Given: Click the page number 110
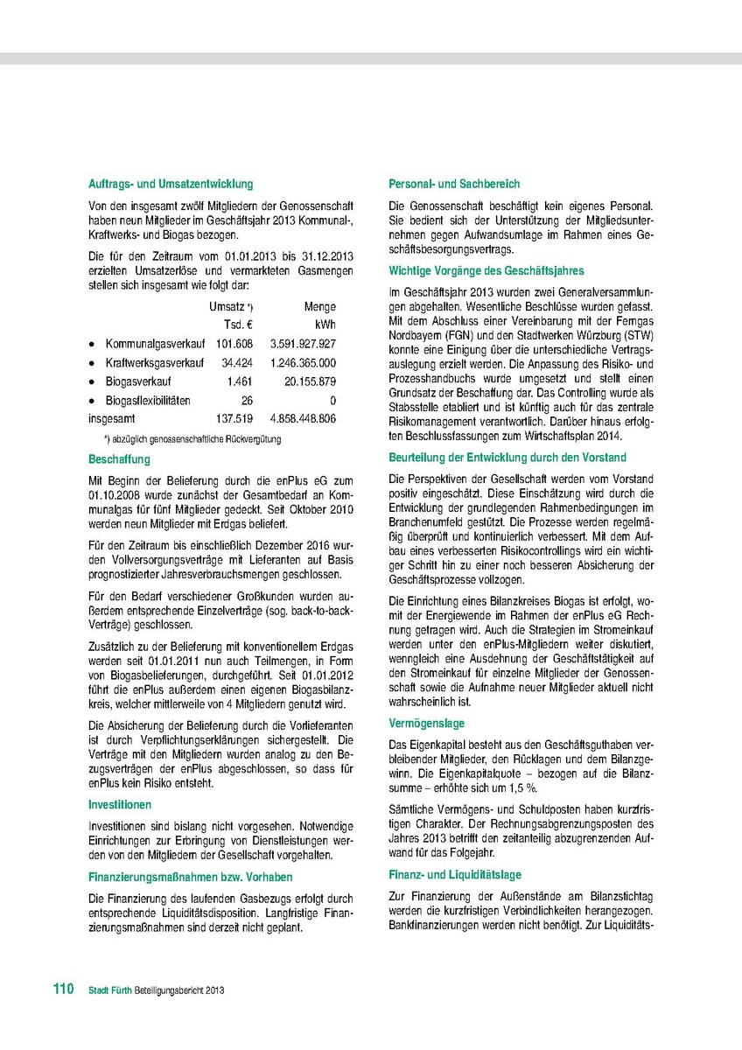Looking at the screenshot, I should tap(62, 989).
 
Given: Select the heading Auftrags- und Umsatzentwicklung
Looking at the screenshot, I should tap(171, 185).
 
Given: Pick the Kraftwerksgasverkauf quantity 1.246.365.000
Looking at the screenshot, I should tap(296, 363).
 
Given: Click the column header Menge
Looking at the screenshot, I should tap(319, 307).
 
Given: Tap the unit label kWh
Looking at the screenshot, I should tap(324, 325).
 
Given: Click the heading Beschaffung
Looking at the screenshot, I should tap(119, 459).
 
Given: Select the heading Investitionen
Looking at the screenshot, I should tap(120, 804).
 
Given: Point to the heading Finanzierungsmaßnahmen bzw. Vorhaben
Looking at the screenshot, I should tap(190, 877).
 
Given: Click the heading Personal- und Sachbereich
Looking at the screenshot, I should tap(454, 185).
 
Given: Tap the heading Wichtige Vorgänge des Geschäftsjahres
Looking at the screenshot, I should tap(486, 271).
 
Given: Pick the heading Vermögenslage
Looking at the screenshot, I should tap(426, 724).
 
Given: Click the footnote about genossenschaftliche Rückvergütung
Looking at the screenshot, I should tap(192, 439).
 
